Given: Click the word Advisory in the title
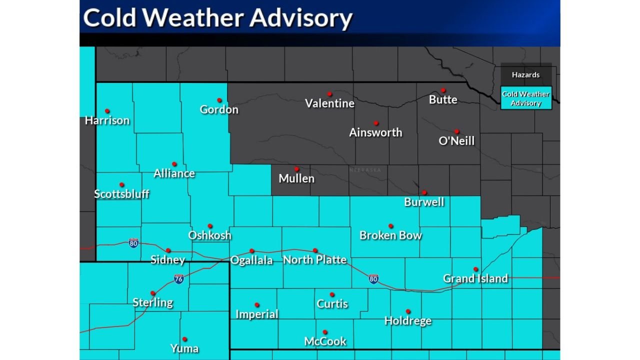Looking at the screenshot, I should pos(301,18).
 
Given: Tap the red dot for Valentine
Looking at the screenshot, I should pos(329,94).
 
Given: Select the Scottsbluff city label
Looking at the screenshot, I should pos(121,194).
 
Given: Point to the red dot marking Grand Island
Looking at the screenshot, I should pos(476,269).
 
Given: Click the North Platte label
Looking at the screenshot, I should pos(314,259).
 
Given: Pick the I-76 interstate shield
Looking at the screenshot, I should pos(179,279).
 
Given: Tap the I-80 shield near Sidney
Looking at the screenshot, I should pos(133,243).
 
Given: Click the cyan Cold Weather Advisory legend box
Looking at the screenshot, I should pos(526,98).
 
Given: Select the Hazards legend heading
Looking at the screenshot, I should pos(526,75).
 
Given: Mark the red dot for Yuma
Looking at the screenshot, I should pos(184,339).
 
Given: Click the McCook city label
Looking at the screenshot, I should pos(325,341).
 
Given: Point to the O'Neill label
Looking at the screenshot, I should pos(456,141).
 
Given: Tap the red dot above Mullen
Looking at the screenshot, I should pos(296,169).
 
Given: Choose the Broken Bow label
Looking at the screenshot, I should pos(390,235).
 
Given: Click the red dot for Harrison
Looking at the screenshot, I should pos(107,111).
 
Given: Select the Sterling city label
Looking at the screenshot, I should pos(153,302).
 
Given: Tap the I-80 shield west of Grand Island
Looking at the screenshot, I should pos(373,278).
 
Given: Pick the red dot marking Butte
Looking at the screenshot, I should pos(443,90).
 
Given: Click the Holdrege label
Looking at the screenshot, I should pos(408,321).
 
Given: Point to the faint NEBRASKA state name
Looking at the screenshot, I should pos(365,170).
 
